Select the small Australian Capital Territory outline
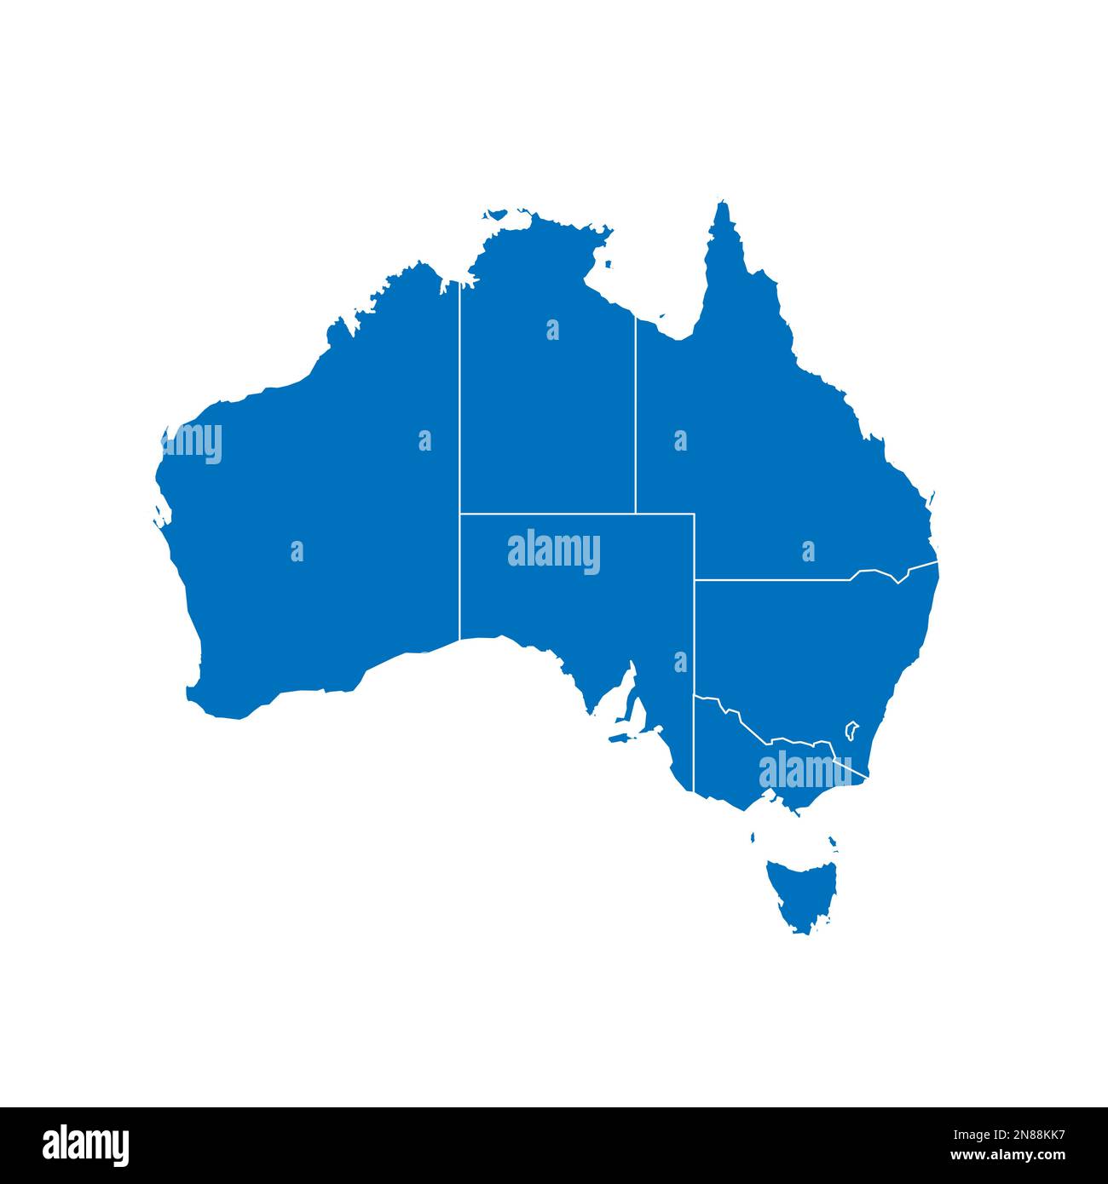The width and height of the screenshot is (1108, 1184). pos(851,730)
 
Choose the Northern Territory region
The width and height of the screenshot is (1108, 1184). pos(545,400)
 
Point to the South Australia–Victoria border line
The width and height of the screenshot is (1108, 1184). pos(695,741)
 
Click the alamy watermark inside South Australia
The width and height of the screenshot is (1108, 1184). pos(554,551)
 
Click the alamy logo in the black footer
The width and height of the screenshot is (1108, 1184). pos(86,1146)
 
